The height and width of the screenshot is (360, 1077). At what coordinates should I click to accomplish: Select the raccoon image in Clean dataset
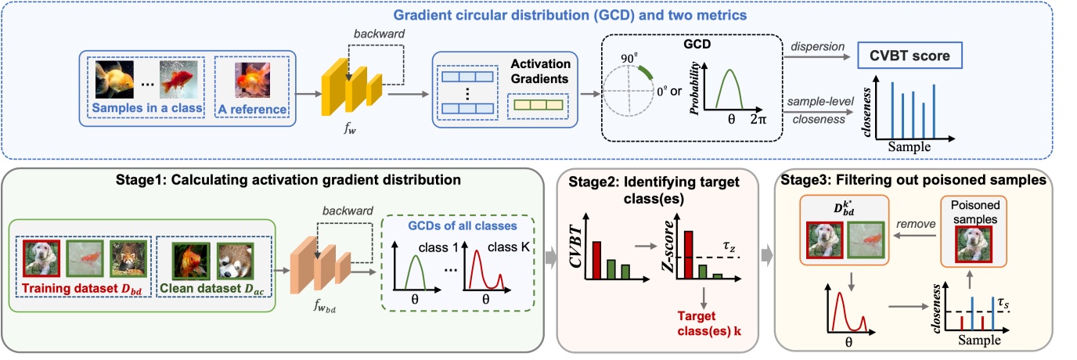click(236, 261)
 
